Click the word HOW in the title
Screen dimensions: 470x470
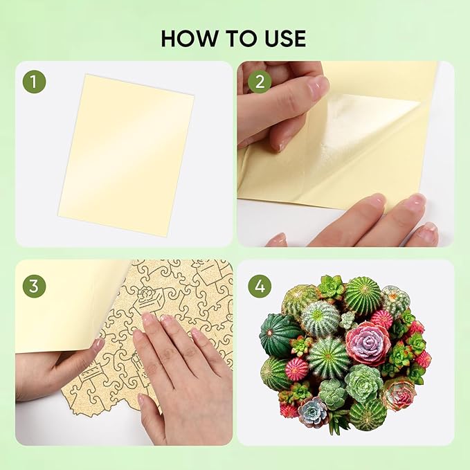(190, 38)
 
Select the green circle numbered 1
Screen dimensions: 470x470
(34, 82)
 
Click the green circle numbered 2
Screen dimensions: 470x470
(260, 82)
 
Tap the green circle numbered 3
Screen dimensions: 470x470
(34, 287)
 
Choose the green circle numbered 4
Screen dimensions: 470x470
(260, 287)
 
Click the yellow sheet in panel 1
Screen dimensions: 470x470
(126, 154)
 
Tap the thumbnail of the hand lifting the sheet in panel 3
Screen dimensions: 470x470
(98, 345)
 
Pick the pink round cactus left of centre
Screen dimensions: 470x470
(297, 369)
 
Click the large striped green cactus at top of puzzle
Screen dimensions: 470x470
(363, 292)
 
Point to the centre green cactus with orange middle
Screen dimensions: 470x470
(329, 357)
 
